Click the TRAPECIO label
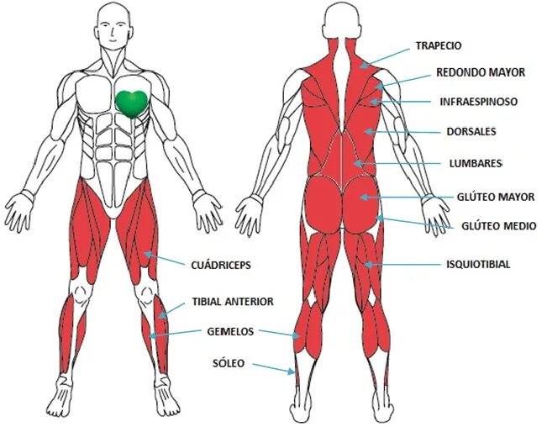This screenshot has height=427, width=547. click(438, 45)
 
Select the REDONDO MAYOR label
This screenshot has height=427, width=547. click(481, 72)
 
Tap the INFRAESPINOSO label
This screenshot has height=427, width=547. click(478, 102)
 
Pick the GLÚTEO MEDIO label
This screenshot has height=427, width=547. click(499, 226)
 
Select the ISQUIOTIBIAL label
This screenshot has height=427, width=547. click(478, 265)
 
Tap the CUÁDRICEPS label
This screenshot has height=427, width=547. click(222, 265)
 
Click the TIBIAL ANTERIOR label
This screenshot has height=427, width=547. click(233, 301)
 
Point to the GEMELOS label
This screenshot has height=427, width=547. click(230, 331)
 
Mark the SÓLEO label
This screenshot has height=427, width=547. click(228, 363)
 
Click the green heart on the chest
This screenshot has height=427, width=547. click(131, 102)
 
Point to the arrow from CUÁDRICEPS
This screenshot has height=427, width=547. click(167, 259)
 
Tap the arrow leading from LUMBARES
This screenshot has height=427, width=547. click(395, 162)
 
